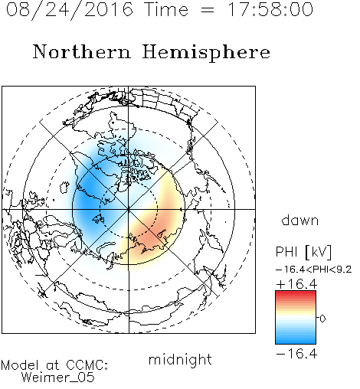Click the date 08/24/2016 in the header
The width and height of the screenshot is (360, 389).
click(70, 10)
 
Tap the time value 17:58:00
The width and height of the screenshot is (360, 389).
click(270, 9)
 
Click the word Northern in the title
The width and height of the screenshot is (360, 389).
click(82, 51)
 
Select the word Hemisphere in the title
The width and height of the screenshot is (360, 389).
click(206, 52)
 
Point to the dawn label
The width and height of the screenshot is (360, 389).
click(300, 220)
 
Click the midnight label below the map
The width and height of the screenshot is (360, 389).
click(180, 360)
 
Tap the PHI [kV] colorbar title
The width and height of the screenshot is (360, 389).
click(303, 252)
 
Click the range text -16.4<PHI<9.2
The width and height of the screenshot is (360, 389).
click(314, 270)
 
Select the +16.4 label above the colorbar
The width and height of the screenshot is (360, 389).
click(296, 284)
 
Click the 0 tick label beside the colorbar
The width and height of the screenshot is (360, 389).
click(322, 319)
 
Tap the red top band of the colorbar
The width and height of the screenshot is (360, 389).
click(296, 293)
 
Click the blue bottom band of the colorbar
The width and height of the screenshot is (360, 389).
click(296, 341)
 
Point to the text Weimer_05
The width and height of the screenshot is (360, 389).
click(58, 378)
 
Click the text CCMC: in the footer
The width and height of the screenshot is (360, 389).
click(87, 365)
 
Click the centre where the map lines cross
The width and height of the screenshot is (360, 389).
click(129, 209)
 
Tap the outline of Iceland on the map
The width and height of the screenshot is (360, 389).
click(64, 187)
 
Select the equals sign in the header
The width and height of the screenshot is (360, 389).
click(208, 10)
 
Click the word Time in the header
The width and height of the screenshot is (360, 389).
click(166, 10)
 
